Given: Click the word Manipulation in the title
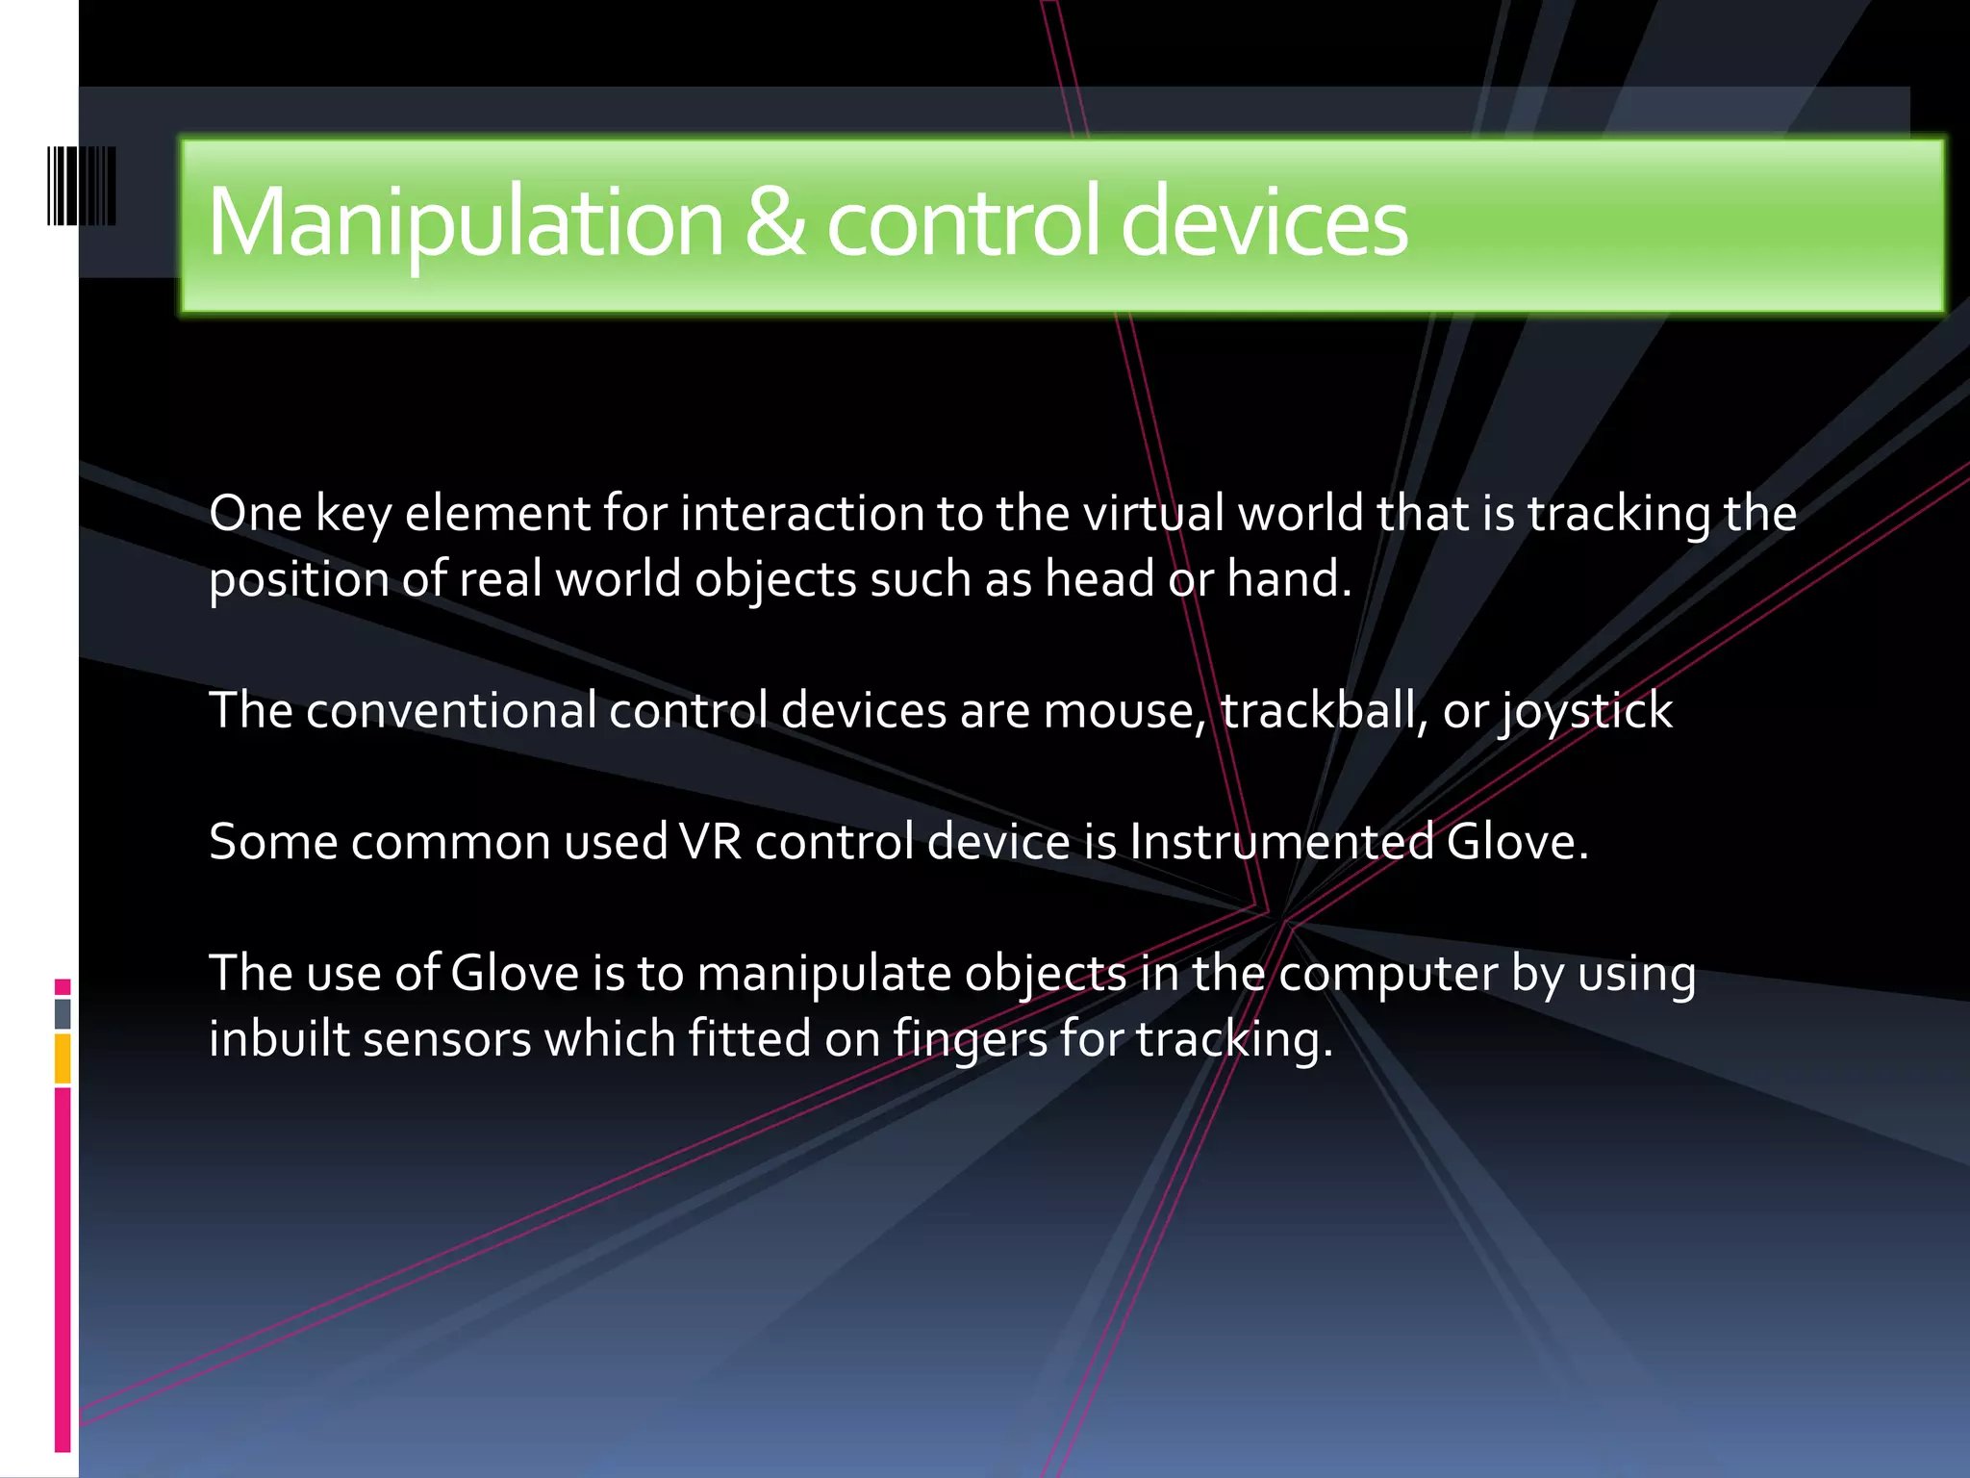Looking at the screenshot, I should pos(465,223).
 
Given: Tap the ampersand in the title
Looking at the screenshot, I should pos(775,223).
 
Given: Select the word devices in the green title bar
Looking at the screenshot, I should pos(1264,223).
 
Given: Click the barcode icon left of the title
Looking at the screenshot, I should pos(82,186).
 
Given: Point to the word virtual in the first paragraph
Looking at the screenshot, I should pos(1153,513).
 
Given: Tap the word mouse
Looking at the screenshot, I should pos(1123,711).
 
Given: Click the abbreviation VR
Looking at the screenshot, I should pos(710,842).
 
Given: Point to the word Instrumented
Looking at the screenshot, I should pos(1281,842).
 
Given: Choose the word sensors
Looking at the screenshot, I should pos(446,1039).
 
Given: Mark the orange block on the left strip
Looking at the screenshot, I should pos(63,1058).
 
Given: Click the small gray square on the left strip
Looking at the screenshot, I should pos(63,1013).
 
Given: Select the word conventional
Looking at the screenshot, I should pos(451,711).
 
